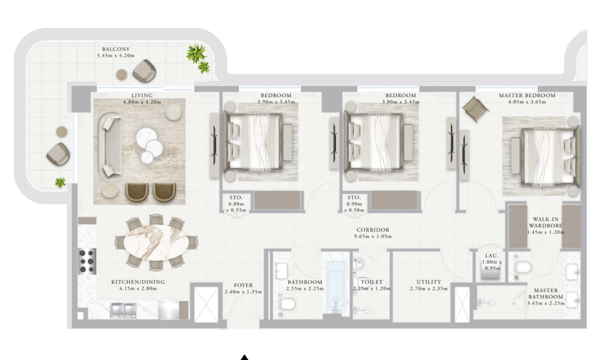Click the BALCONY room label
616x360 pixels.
pyautogui.click(x=116, y=49)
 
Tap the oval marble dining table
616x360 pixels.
pyautogui.click(x=156, y=242)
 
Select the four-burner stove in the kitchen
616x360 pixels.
pyautogui.click(x=87, y=261)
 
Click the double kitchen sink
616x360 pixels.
pyautogui.click(x=123, y=310)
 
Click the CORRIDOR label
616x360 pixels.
pyautogui.click(x=373, y=230)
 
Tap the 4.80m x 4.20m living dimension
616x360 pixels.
pyautogui.click(x=142, y=102)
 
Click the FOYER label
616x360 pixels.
pyautogui.click(x=243, y=285)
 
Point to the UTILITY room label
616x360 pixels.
pyautogui.click(x=428, y=281)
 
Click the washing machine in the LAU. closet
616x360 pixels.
pyautogui.click(x=490, y=271)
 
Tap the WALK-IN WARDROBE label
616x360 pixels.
pyautogui.click(x=545, y=222)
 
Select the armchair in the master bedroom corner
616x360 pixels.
pyautogui.click(x=476, y=108)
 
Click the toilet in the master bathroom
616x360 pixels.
pyautogui.click(x=522, y=268)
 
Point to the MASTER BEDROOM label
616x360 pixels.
pyautogui.click(x=527, y=95)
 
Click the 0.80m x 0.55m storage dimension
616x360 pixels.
pyautogui.click(x=236, y=207)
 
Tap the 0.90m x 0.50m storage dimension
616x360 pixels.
pyautogui.click(x=355, y=207)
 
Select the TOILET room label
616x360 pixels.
pyautogui.click(x=372, y=281)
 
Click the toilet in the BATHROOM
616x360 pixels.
pyautogui.click(x=287, y=303)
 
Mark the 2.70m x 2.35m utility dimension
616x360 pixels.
pyautogui.click(x=428, y=289)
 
